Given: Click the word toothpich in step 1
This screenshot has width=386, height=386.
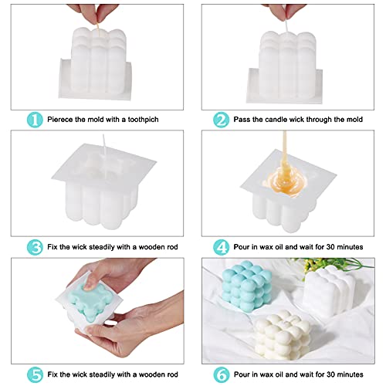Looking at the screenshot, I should (154, 120).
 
